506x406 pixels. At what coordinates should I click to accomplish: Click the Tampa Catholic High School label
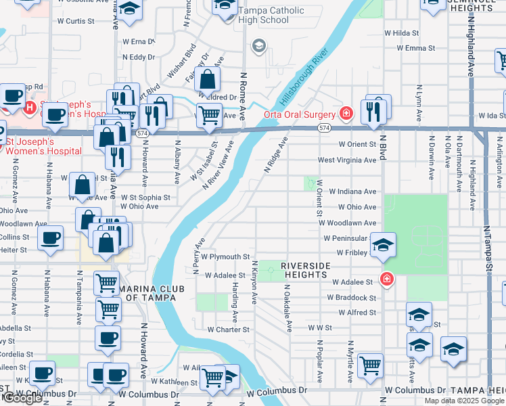269,16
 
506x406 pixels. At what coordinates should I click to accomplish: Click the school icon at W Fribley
383,246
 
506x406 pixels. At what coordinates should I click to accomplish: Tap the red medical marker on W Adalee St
387,278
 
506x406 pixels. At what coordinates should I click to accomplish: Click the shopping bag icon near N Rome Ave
210,80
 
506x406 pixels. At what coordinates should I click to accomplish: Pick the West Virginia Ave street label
347,160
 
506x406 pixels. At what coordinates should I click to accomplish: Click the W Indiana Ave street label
352,192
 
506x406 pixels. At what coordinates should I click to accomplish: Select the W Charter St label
229,330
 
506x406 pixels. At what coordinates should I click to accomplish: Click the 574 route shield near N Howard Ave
141,134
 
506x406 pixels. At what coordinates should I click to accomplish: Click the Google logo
22,399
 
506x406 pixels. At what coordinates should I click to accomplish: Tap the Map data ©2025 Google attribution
464,401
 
